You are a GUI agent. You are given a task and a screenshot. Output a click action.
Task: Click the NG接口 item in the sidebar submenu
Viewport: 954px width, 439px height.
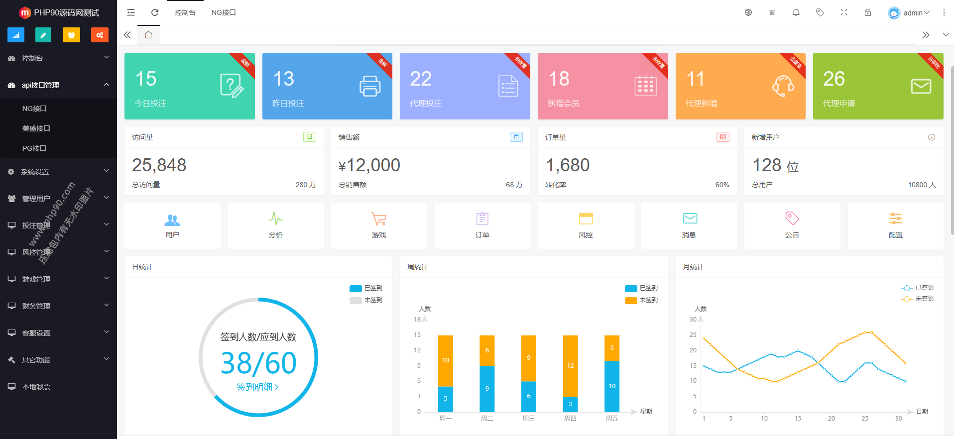point(34,109)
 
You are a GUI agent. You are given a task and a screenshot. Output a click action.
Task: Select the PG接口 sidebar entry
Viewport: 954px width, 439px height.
point(34,148)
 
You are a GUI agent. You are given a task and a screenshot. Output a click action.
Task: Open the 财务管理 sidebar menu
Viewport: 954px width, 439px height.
point(36,306)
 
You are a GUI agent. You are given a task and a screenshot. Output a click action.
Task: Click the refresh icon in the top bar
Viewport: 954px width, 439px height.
point(155,12)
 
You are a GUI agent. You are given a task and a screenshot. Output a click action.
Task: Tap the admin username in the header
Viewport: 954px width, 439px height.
point(913,13)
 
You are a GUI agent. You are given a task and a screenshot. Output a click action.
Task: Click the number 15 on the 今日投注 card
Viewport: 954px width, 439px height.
point(146,79)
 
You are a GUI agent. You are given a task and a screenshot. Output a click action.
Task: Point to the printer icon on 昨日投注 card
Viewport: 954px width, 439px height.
point(370,86)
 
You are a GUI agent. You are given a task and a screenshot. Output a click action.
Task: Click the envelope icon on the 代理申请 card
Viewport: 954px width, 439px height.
point(921,86)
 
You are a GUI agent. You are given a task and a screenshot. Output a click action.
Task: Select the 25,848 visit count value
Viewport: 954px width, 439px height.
point(159,165)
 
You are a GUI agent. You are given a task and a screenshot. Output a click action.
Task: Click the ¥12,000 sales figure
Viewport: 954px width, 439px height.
point(369,165)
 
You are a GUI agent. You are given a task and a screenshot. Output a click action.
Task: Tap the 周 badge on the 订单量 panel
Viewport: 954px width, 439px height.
point(722,137)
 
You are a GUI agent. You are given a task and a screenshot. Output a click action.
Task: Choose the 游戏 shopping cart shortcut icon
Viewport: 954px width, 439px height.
point(379,219)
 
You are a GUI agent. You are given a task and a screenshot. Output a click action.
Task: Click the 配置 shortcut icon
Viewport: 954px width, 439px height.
point(895,219)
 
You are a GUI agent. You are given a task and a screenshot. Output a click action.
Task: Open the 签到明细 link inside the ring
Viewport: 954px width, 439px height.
point(257,387)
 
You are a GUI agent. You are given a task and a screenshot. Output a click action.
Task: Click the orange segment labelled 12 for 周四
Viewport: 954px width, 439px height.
point(570,365)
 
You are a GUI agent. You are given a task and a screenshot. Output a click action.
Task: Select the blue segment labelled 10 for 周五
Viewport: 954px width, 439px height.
point(612,386)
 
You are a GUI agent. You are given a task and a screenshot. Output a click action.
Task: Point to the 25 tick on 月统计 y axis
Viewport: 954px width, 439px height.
point(693,335)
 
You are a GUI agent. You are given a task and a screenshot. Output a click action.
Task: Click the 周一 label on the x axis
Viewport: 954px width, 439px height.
point(445,419)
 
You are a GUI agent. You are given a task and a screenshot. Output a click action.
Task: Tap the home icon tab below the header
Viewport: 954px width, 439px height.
point(148,35)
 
